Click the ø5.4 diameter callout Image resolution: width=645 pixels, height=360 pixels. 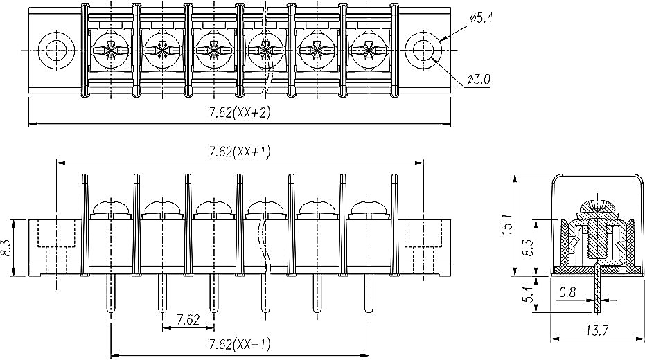(x=481, y=18)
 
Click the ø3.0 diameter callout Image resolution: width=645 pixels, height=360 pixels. (x=479, y=80)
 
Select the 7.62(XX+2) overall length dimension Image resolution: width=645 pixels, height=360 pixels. (x=240, y=113)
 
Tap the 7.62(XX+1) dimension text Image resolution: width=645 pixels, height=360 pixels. (x=240, y=152)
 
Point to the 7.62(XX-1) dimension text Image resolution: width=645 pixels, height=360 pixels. (x=240, y=344)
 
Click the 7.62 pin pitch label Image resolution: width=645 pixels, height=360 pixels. (x=188, y=319)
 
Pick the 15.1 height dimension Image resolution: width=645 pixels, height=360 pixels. (x=507, y=224)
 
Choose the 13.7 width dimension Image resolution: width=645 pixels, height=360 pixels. (x=597, y=330)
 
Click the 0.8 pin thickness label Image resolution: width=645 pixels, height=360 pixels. (x=567, y=292)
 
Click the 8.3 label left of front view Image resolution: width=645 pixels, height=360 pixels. (x=7, y=248)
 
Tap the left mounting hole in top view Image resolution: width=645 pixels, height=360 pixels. (x=56, y=51)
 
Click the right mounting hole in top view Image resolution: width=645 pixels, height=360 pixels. (x=423, y=51)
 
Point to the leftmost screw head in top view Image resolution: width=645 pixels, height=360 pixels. (x=111, y=51)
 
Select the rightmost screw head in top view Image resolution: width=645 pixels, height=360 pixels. (x=369, y=51)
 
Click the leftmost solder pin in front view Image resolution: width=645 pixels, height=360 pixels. (x=111, y=294)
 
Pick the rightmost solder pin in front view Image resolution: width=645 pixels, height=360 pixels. (x=369, y=294)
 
